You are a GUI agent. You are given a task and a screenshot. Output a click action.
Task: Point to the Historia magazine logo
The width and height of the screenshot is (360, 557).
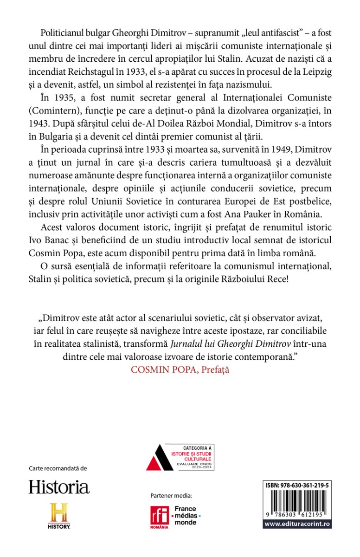click(x=59, y=486)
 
